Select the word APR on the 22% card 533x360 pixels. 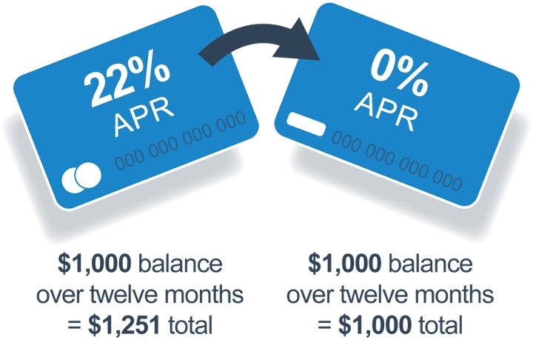tap(144, 116)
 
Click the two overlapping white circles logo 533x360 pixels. tap(81, 177)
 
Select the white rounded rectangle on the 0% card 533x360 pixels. tap(306, 124)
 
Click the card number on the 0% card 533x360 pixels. tap(397, 161)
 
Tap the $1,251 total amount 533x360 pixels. tap(124, 325)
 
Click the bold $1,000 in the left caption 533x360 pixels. tap(95, 264)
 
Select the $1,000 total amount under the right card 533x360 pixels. tap(375, 325)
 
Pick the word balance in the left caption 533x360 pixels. tap(181, 264)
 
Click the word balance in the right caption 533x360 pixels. tap(431, 264)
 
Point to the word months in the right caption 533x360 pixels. tap(454, 294)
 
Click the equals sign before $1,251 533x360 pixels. tap(75, 324)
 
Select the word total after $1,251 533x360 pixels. tap(191, 324)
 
